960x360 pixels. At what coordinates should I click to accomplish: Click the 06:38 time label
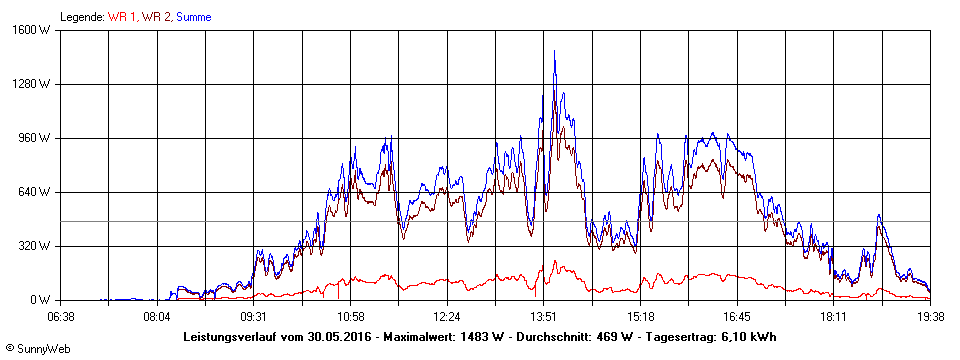pos(61,317)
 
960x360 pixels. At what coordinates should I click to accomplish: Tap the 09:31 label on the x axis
pos(254,317)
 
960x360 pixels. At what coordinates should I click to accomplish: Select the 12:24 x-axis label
pos(447,317)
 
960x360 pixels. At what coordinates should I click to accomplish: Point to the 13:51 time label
pos(544,317)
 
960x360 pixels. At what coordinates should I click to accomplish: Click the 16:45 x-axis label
pos(737,317)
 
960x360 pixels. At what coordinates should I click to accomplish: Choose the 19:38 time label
pos(930,317)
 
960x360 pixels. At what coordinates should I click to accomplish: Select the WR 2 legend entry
pos(155,17)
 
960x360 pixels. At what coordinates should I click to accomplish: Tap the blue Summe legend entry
pos(193,17)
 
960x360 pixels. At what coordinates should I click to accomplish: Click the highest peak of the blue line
pos(555,51)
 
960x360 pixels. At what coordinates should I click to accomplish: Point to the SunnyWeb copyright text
pos(35,349)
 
